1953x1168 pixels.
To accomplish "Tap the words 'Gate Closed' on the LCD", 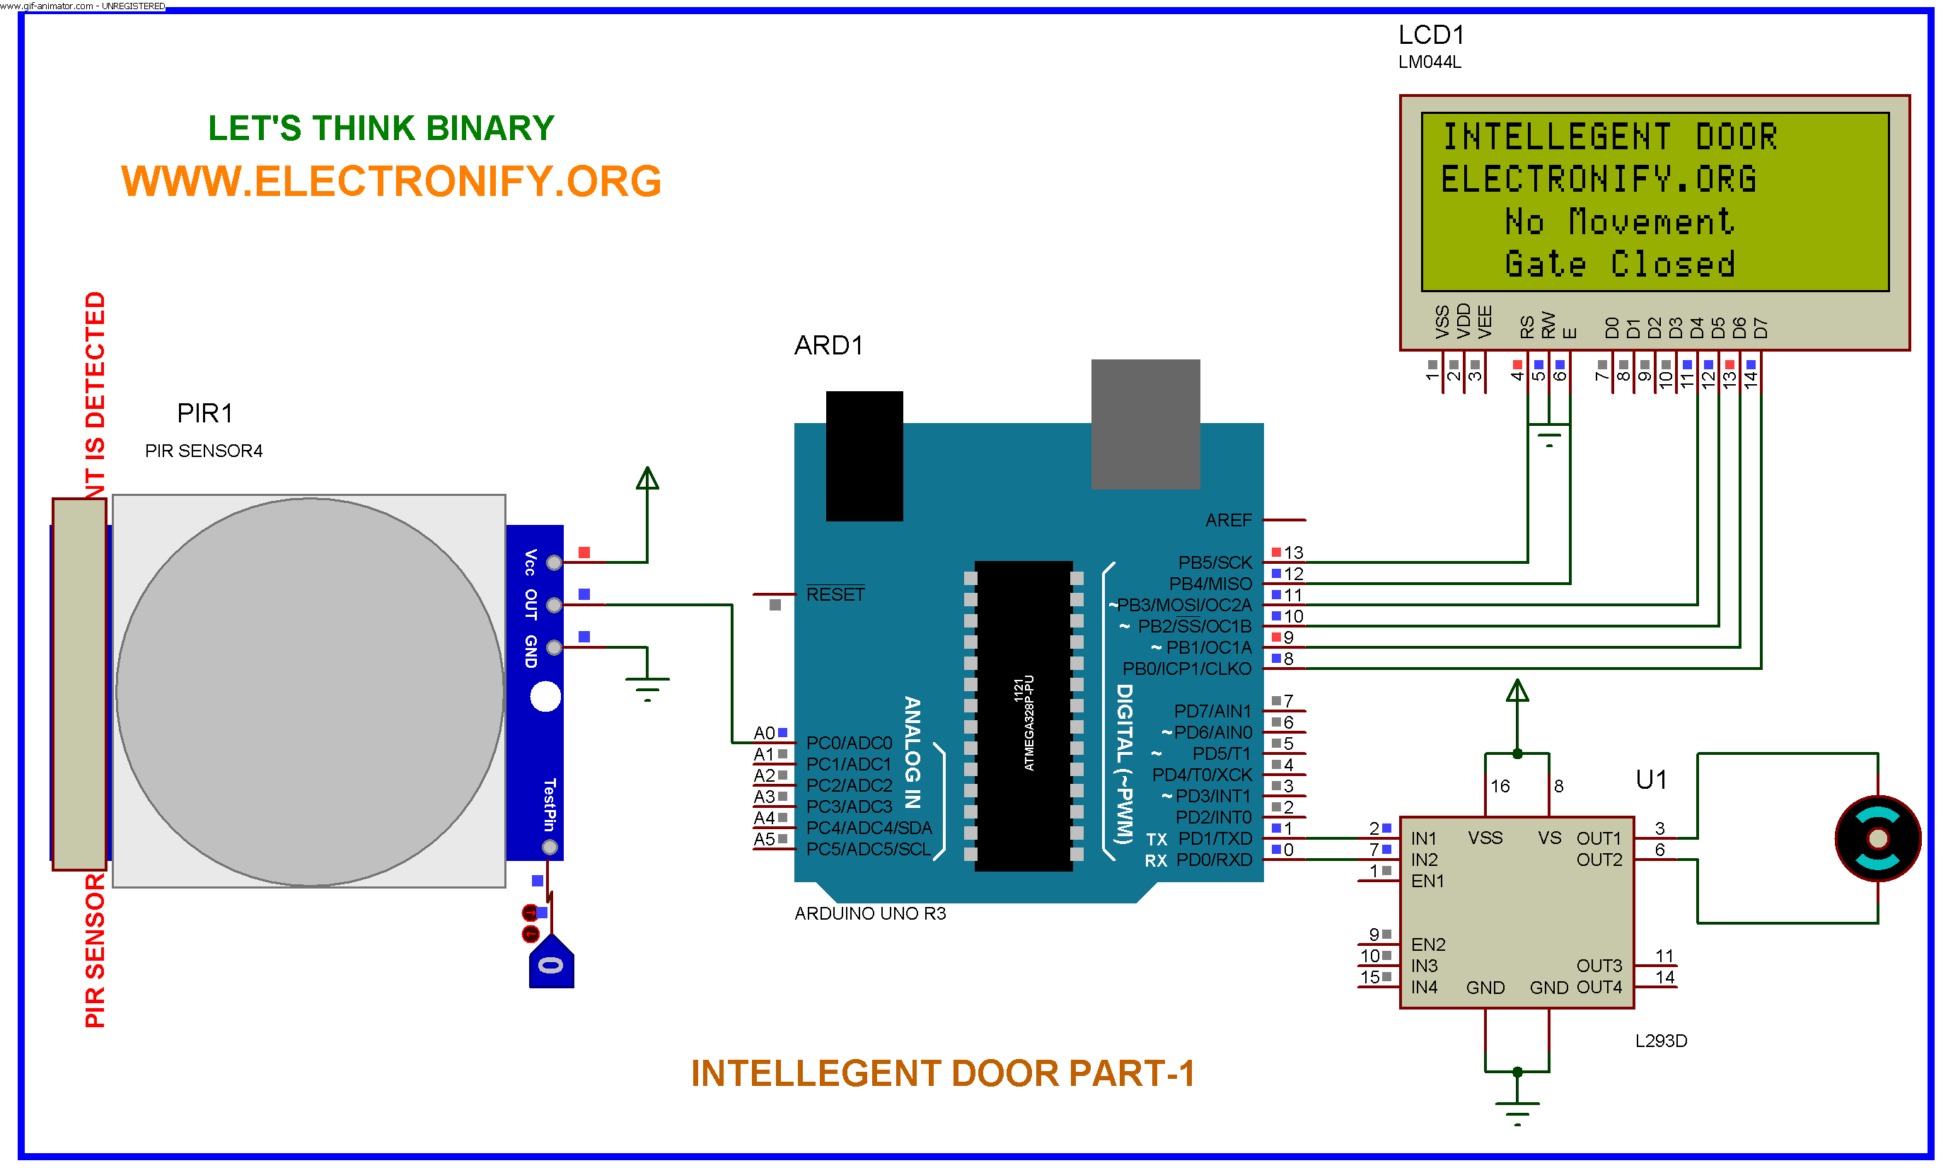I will coord(1619,265).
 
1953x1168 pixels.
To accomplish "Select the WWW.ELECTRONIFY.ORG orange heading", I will coord(391,181).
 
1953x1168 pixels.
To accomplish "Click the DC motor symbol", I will coord(1877,839).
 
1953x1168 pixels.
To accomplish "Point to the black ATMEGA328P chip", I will coord(1023,715).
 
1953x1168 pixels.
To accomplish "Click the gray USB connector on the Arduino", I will coord(1145,424).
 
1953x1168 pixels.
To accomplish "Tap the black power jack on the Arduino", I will coord(864,456).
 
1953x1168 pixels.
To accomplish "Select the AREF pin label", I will coord(1227,520).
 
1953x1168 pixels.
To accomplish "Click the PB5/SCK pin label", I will coord(1214,562).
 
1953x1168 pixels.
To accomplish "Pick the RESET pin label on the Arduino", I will coord(835,595).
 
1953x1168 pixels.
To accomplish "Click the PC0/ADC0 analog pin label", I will coord(849,743).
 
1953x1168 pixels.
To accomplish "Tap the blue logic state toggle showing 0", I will coord(551,964).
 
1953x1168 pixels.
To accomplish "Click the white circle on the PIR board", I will coord(545,697).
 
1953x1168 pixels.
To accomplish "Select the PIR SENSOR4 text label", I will coord(204,451).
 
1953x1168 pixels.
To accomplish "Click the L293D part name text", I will coord(1660,1041).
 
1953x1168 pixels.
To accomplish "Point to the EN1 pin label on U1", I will coord(1427,881).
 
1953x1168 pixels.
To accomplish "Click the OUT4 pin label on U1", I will coord(1599,987).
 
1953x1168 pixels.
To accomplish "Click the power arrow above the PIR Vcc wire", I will coord(647,478).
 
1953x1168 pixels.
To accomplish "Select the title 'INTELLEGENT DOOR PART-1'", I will coord(943,1073).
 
